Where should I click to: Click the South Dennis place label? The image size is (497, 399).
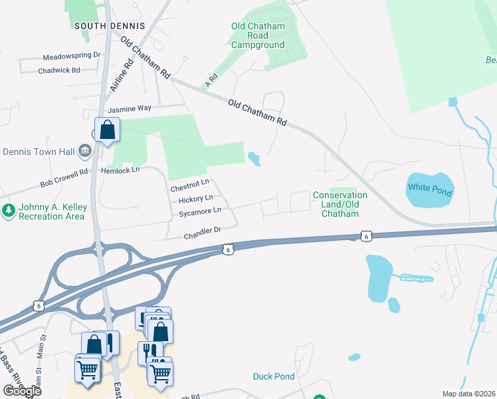110,25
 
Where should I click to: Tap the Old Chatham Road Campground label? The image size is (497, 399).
258,36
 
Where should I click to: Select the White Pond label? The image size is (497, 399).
430,189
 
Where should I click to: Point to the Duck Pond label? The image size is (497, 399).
274,376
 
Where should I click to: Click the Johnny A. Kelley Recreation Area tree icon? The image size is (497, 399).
9,211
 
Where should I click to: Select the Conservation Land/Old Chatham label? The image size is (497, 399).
340,204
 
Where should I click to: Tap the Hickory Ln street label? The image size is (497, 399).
195,198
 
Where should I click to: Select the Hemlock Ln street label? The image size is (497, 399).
120,170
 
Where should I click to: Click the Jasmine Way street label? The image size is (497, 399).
130,108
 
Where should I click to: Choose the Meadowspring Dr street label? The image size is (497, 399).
71,57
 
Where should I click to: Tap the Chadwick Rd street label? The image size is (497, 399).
59,70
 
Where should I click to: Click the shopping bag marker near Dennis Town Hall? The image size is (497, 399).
107,130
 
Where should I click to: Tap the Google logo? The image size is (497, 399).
22,391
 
